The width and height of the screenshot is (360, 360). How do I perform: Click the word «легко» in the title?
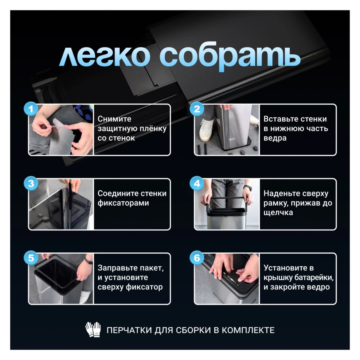[x=105, y=57]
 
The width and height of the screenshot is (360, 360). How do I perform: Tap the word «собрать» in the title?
[x=230, y=57]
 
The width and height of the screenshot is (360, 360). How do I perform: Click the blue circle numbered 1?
[x=31, y=109]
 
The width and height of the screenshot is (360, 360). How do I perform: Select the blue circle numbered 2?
[x=196, y=109]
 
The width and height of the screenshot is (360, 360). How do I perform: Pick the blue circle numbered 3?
[x=31, y=183]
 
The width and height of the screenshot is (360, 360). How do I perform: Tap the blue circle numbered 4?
[x=196, y=183]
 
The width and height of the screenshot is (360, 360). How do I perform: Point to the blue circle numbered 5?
[x=31, y=258]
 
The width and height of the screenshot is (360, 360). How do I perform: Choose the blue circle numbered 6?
[x=196, y=258]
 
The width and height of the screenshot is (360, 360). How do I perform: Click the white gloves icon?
[x=93, y=330]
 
